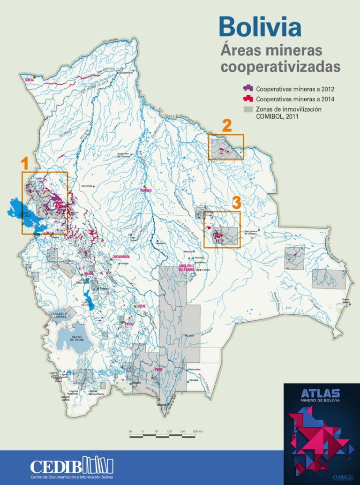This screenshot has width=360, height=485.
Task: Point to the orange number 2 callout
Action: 226,125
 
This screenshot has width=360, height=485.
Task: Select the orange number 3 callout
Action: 236,203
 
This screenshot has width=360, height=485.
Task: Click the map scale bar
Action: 162,436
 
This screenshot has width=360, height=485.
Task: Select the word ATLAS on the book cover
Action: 320,393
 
